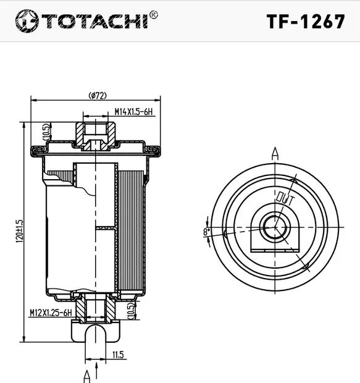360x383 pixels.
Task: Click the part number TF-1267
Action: pyautogui.click(x=305, y=21)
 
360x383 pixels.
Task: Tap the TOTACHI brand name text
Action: pyautogui.click(x=93, y=21)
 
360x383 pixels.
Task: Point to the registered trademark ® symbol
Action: pyautogui.click(x=154, y=14)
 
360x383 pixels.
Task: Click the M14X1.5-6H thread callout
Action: pyautogui.click(x=133, y=112)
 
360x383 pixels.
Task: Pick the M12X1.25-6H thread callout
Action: pyautogui.click(x=51, y=314)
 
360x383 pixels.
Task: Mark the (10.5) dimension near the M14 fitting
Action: pyautogui.click(x=46, y=131)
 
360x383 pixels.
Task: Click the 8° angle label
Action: pyautogui.click(x=206, y=232)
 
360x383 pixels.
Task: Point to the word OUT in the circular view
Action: pyautogui.click(x=285, y=199)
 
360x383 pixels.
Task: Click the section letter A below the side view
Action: pyautogui.click(x=87, y=375)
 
